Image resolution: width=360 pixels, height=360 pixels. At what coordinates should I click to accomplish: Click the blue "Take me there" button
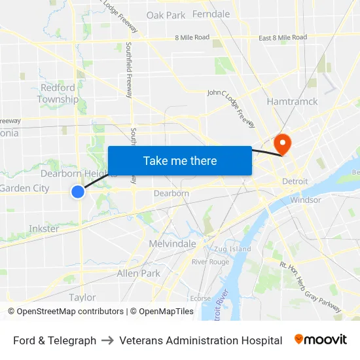179,160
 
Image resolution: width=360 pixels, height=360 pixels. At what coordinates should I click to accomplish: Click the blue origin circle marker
78,191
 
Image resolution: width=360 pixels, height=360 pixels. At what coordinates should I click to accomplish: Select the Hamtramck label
292,101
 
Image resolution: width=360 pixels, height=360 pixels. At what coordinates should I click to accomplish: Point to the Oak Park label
166,15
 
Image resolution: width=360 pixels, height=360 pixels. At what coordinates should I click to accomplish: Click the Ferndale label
211,14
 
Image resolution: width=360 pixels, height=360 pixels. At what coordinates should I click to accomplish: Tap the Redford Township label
58,93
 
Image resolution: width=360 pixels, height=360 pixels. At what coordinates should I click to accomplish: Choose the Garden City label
24,189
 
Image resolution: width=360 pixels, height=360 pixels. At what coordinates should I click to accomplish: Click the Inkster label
43,228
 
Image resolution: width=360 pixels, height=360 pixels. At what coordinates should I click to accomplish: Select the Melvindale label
172,243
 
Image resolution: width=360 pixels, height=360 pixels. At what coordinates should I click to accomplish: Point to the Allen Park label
138,273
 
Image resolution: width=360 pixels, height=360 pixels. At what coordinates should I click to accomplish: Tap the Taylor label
82,297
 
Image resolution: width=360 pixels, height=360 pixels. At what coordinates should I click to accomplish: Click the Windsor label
306,200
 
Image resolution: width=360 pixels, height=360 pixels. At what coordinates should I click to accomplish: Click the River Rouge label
210,262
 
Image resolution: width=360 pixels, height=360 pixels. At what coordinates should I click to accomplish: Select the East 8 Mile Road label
282,37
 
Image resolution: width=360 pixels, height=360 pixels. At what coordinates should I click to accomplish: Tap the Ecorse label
200,298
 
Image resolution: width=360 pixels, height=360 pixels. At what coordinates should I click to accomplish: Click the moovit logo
320,340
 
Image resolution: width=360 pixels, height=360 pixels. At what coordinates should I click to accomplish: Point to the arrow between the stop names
108,340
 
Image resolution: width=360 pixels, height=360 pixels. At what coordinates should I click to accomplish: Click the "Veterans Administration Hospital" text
201,340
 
